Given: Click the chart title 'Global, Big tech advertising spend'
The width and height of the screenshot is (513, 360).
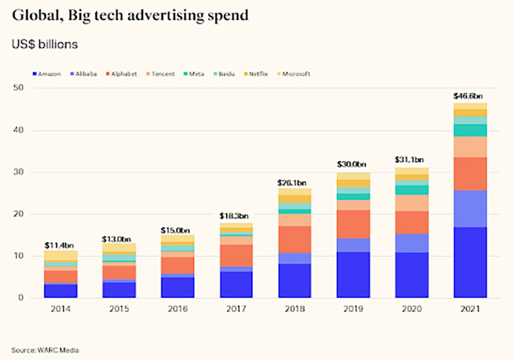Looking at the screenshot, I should pos(130,16).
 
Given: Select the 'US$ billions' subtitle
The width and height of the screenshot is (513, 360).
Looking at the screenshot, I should pos(45,44).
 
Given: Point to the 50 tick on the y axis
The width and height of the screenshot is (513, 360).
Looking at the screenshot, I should pos(19,88).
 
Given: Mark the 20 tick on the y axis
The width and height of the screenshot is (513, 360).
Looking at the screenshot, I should pos(19,214).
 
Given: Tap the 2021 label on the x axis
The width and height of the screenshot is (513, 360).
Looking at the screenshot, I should pos(470,309).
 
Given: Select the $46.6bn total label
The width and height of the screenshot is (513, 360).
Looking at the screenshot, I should pos(470,96).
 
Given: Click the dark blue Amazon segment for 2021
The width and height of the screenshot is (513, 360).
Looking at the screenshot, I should pos(470,263).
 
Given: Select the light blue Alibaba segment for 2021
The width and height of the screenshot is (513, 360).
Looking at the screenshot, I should pos(470,209).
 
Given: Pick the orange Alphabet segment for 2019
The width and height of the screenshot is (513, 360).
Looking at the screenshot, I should pos(353,224).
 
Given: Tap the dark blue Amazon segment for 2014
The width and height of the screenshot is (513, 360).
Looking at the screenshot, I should pos(61,291).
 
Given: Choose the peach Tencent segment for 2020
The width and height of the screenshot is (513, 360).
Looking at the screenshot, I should pos(411,203).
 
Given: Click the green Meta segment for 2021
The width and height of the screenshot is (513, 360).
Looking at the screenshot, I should pos(470,130).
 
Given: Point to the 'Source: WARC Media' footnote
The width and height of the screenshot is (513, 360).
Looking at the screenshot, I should pos(45,350).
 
